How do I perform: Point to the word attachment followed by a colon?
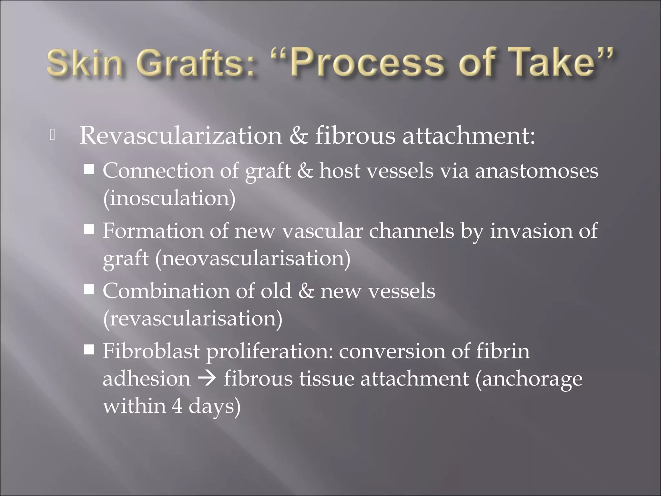pyautogui.click(x=468, y=136)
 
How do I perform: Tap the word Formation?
pyautogui.click(x=153, y=231)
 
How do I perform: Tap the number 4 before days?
pyautogui.click(x=177, y=406)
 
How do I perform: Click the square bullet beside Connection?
pyautogui.click(x=89, y=169)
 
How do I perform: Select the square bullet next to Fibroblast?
pyautogui.click(x=89, y=350)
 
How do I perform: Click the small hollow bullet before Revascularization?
pyautogui.click(x=53, y=135)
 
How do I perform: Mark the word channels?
pyautogui.click(x=411, y=231)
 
